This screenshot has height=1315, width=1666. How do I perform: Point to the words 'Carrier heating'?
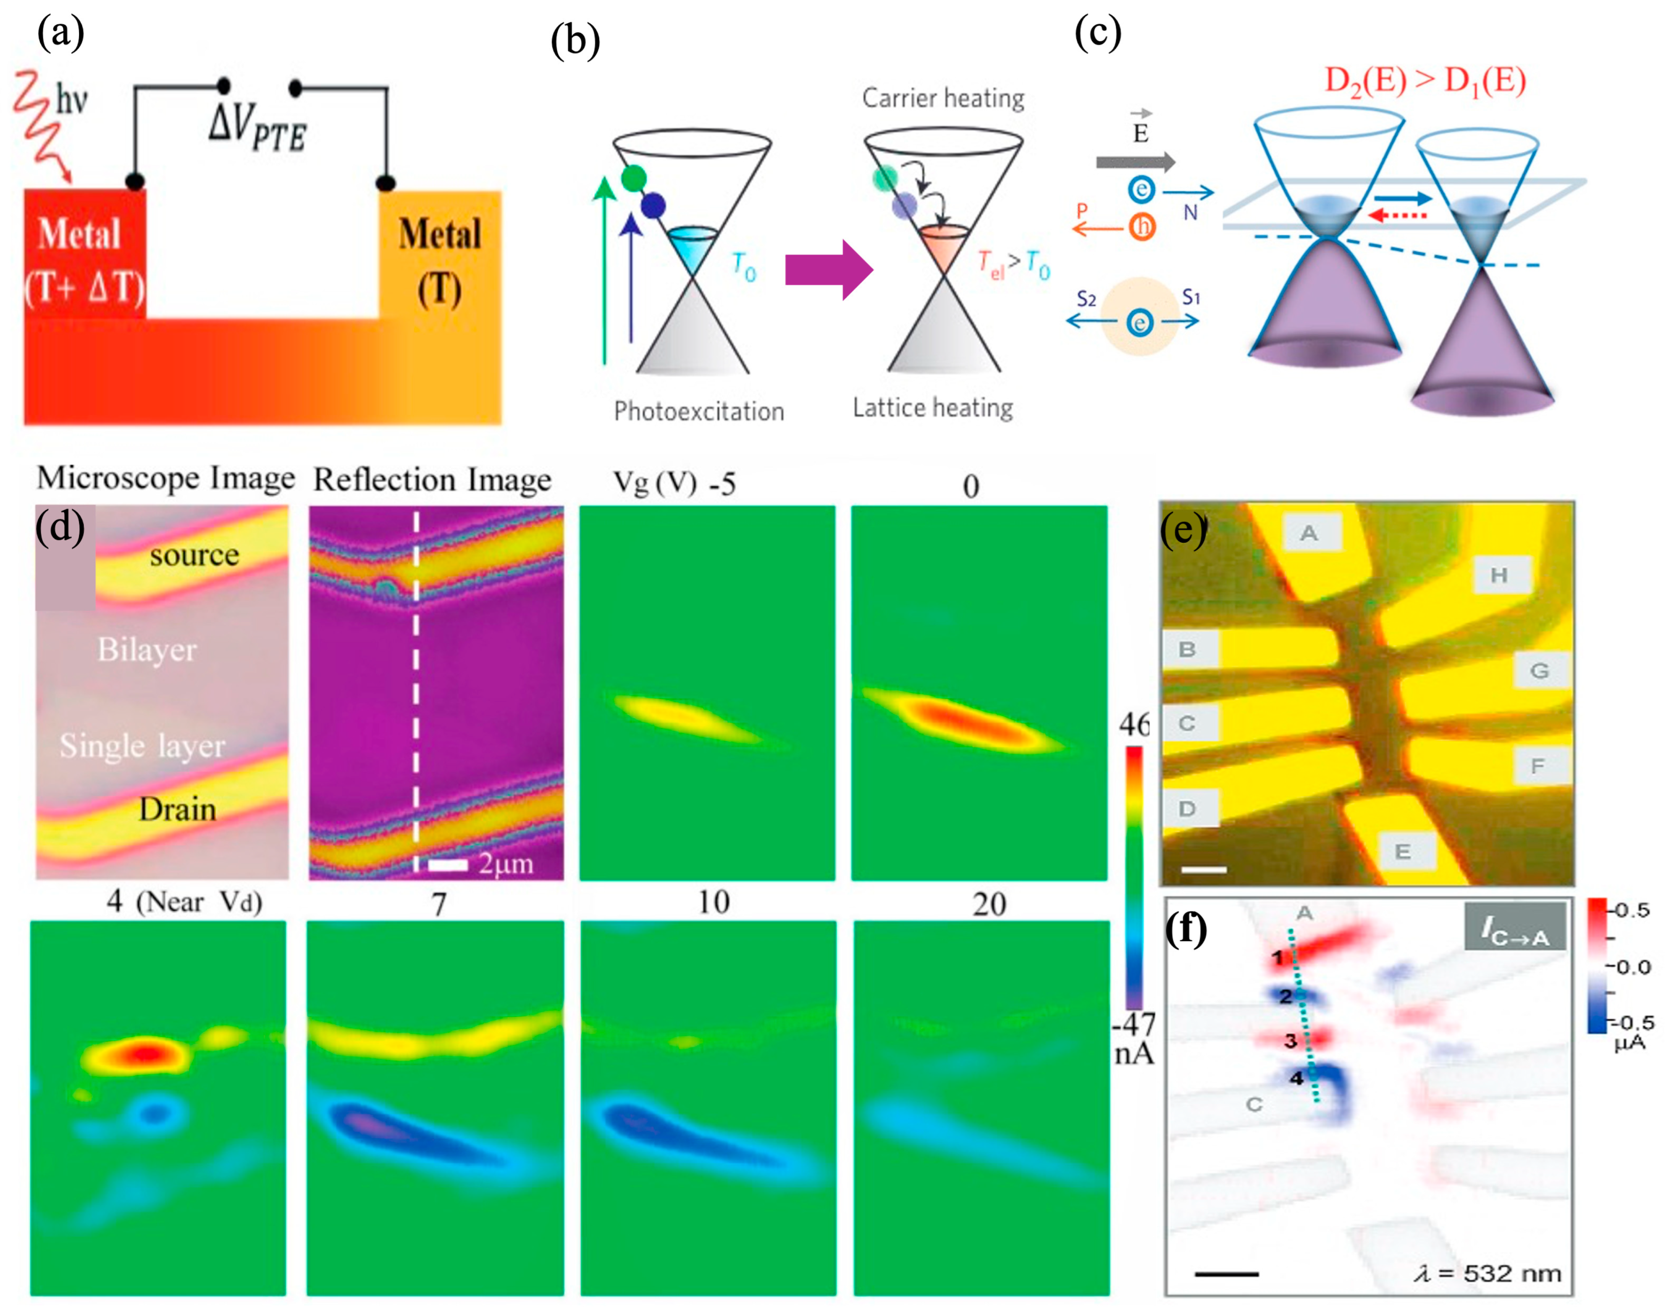pyautogui.click(x=943, y=99)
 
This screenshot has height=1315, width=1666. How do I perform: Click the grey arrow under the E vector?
pyautogui.click(x=1135, y=162)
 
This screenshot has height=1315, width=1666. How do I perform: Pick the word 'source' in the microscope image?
pyautogui.click(x=194, y=555)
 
